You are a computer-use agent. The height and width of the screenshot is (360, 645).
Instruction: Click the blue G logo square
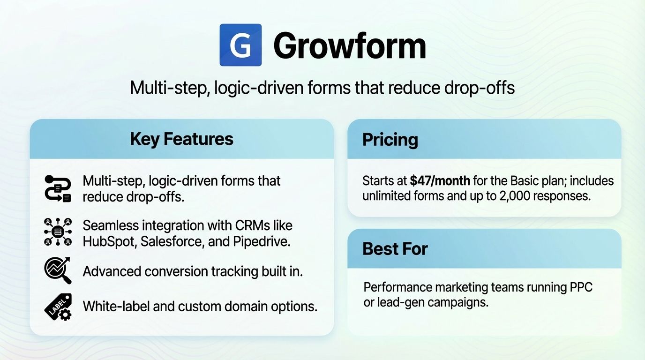(x=240, y=45)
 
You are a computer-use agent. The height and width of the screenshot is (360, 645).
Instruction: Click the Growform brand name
(x=349, y=45)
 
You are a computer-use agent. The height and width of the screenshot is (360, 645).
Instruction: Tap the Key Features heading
(x=181, y=139)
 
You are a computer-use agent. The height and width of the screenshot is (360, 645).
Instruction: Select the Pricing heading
(x=390, y=139)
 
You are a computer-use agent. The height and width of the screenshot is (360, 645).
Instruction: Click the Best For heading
(x=395, y=248)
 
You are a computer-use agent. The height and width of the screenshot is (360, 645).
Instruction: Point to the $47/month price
(x=440, y=180)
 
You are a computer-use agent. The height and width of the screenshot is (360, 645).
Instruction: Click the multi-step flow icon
(x=58, y=189)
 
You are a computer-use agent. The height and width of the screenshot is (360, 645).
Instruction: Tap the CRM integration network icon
(x=58, y=232)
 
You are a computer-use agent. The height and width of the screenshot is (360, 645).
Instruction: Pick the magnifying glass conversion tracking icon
(x=58, y=270)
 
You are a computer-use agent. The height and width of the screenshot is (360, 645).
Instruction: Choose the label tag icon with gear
(x=58, y=306)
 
